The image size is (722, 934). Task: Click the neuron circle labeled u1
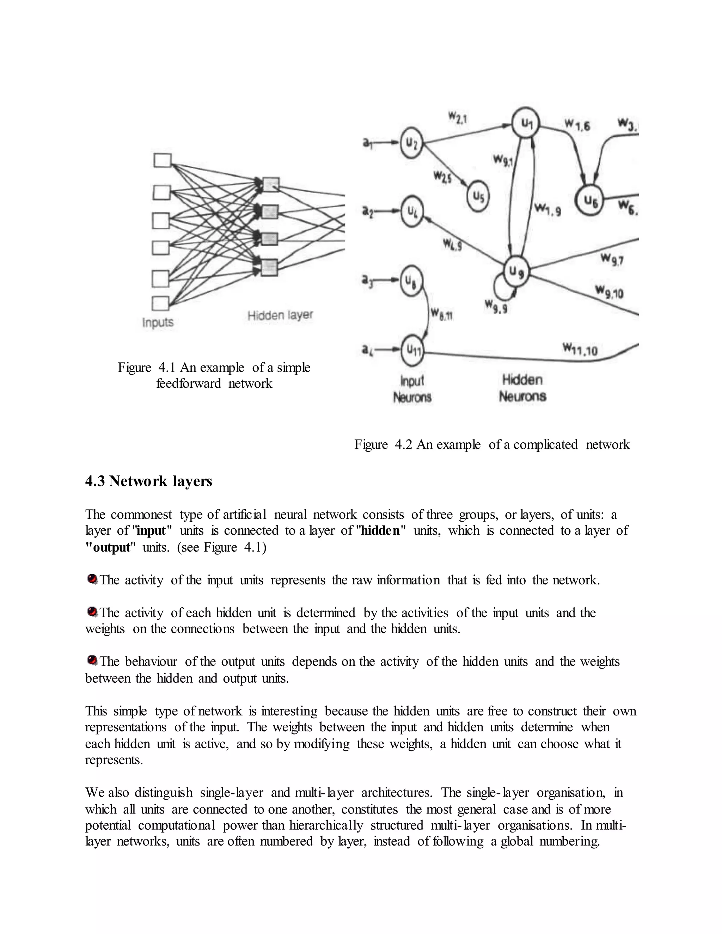526,123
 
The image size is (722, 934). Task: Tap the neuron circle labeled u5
478,196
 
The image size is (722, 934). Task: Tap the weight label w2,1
458,117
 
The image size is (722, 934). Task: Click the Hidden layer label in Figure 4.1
280,315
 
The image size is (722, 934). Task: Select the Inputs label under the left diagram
158,322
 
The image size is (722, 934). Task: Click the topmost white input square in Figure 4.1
162,161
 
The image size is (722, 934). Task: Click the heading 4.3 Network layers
148,481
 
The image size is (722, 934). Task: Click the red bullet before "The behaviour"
92,661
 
